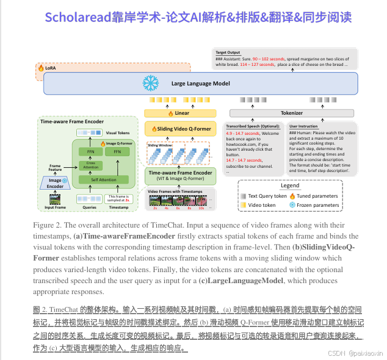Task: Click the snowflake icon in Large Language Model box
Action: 150,83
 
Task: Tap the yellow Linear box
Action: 181,113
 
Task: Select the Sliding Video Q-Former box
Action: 181,129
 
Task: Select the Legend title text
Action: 290,185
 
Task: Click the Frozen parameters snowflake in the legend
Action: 292,205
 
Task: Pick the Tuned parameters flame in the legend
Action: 292,196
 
